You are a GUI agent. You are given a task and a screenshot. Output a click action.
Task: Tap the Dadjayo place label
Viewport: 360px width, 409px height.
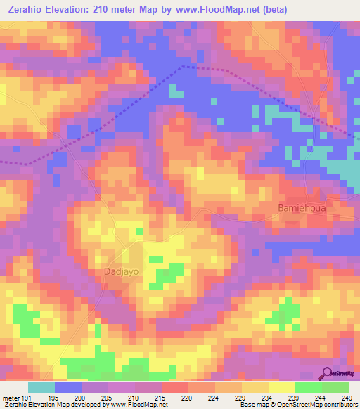pos(119,271)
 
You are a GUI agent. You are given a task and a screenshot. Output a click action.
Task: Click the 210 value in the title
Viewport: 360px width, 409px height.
pos(108,9)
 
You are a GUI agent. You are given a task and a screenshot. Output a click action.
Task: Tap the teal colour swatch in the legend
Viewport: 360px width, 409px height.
pos(41,388)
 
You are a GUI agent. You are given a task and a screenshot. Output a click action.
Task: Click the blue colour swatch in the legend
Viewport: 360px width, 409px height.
pos(68,388)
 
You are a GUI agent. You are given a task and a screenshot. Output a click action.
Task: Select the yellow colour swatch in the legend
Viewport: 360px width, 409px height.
pos(281,388)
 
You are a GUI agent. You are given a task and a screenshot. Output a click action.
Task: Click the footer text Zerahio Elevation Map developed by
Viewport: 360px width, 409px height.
pos(51,405)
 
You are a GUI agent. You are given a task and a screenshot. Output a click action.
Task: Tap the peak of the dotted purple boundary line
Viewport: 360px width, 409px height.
pos(184,67)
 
